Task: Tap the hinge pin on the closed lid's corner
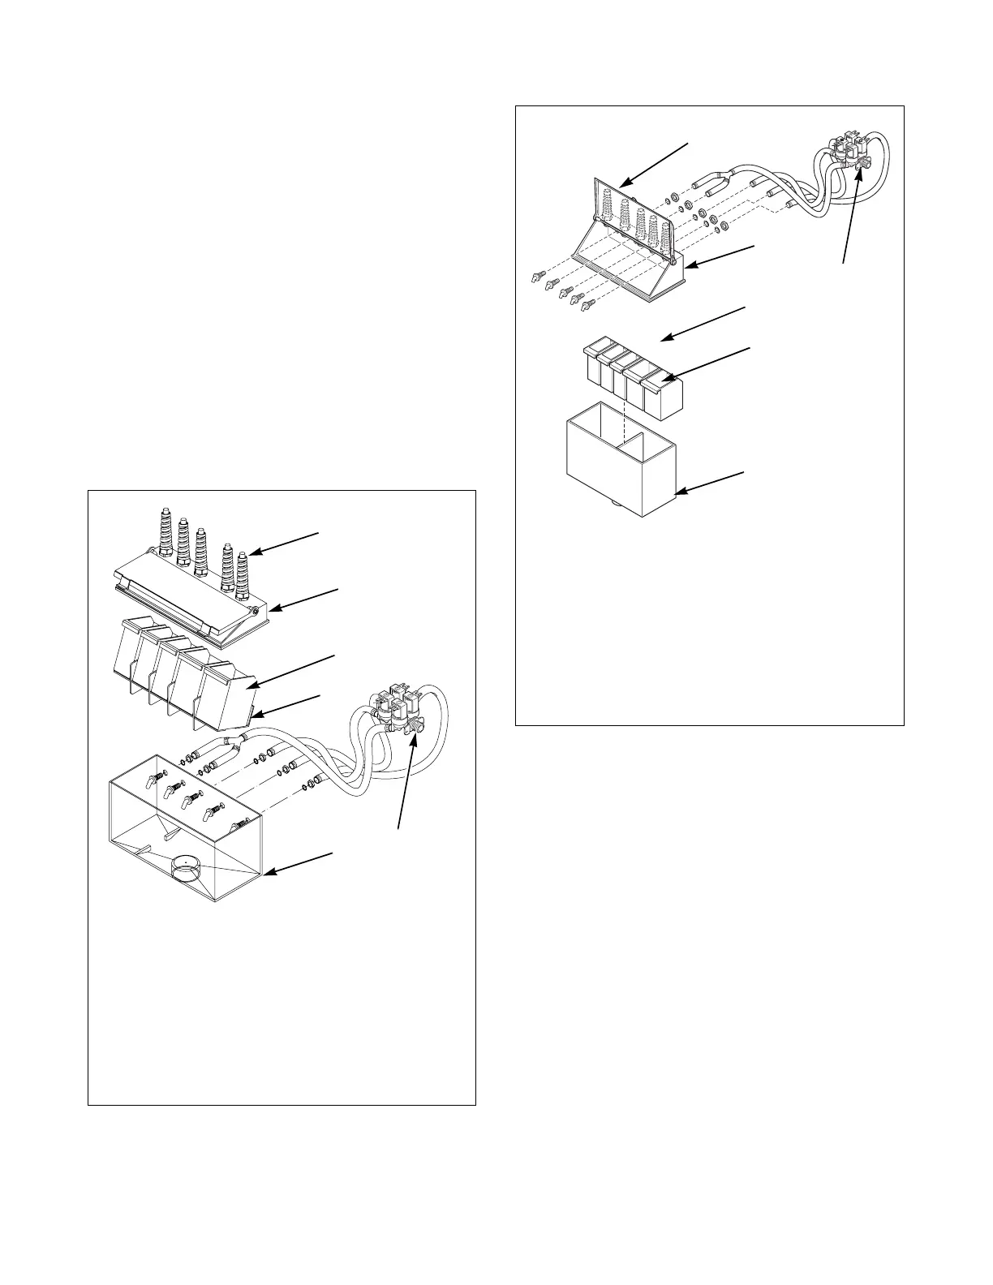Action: click(x=255, y=610)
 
